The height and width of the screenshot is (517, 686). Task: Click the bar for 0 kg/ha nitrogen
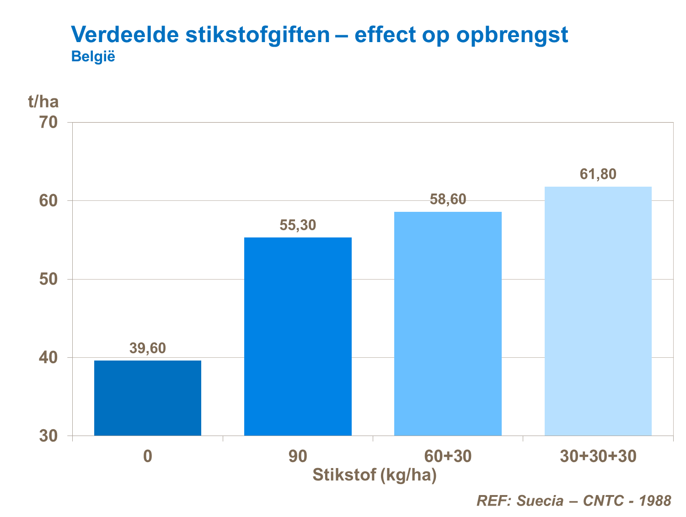(148, 398)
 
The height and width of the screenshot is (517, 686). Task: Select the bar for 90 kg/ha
(298, 336)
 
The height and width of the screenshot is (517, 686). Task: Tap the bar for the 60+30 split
(448, 323)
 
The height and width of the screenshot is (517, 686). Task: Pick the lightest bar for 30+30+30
(598, 311)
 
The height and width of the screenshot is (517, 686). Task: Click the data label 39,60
(148, 349)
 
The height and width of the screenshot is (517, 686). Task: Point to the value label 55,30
(298, 225)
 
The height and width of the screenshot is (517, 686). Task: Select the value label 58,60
(448, 199)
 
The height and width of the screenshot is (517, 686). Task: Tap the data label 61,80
(598, 174)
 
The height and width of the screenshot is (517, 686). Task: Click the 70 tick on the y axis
(48, 123)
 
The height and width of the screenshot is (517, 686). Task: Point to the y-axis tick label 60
(48, 201)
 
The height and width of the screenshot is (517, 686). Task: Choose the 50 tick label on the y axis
(48, 279)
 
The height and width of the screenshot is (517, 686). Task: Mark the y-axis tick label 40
(48, 357)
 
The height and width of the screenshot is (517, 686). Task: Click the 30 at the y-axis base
(48, 436)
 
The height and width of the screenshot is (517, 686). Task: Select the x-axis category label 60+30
(448, 456)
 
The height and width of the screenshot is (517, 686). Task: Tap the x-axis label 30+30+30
(598, 456)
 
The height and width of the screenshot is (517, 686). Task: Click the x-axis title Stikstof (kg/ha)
(375, 475)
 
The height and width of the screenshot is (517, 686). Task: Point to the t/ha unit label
(43, 101)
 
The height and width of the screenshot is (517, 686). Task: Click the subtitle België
(93, 57)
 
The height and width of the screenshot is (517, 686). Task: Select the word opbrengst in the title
(512, 35)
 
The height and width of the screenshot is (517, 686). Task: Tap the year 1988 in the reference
(655, 501)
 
